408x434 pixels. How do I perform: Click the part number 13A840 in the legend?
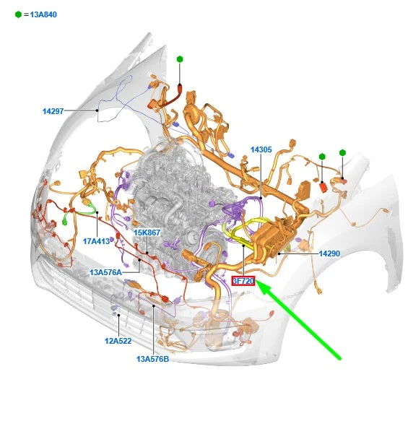pyautogui.click(x=43, y=14)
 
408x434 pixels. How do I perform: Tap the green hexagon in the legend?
pyautogui.click(x=18, y=14)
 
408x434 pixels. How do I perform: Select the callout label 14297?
pyautogui.click(x=53, y=111)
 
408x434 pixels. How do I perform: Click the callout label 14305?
pyautogui.click(x=261, y=149)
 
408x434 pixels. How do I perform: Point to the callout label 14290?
pyautogui.click(x=329, y=253)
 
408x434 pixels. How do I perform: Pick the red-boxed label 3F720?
pyautogui.click(x=243, y=281)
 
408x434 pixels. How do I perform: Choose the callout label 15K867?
pyautogui.click(x=147, y=233)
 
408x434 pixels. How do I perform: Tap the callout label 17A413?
pyautogui.click(x=96, y=241)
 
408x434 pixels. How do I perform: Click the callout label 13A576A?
pyautogui.click(x=105, y=272)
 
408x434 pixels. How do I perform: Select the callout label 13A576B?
pyautogui.click(x=152, y=359)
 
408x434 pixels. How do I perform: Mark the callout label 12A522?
pyautogui.click(x=118, y=341)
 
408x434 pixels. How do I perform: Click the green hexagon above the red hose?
pyautogui.click(x=180, y=59)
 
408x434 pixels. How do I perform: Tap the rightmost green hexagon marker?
pyautogui.click(x=343, y=152)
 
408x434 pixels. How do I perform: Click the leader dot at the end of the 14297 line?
pyautogui.click(x=97, y=110)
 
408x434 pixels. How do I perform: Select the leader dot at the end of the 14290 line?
pyautogui.click(x=279, y=253)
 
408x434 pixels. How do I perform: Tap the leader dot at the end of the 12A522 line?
pyautogui.click(x=118, y=315)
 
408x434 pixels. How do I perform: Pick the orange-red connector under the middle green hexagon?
pyautogui.click(x=324, y=187)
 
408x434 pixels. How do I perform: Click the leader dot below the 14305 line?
pyautogui.click(x=261, y=198)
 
